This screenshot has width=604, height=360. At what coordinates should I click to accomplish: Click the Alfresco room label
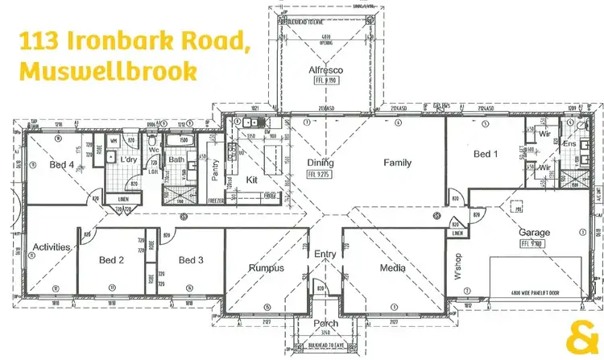[x=326, y=70]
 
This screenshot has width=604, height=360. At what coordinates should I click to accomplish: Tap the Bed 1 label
[x=486, y=154]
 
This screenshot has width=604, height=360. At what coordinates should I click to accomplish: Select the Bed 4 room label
[x=61, y=165]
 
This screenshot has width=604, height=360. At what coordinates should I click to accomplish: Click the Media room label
[x=394, y=267]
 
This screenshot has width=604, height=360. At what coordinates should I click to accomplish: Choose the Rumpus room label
[x=266, y=267]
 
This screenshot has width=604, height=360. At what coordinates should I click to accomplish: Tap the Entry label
[x=325, y=254]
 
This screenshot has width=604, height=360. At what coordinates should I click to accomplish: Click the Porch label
[x=325, y=324]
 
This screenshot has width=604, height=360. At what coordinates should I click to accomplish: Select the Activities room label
[x=52, y=247]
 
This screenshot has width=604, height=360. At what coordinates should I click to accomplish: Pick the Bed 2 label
[x=111, y=260]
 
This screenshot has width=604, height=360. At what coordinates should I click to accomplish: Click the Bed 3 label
[x=191, y=260]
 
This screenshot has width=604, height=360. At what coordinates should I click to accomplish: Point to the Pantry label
[x=214, y=169]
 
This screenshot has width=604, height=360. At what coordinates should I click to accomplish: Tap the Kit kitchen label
[x=251, y=180]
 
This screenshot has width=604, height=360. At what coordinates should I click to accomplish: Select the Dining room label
[x=321, y=163]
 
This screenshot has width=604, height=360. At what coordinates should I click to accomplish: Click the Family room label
[x=397, y=163]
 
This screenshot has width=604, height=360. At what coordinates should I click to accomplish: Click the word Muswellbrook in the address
[x=108, y=71]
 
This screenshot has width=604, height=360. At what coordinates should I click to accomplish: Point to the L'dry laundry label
[x=129, y=160]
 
